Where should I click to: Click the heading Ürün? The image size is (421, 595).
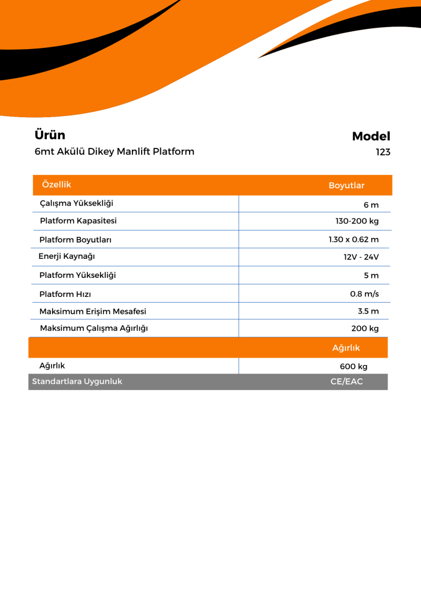pyautogui.click(x=50, y=135)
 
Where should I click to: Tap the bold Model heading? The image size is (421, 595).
pyautogui.click(x=371, y=136)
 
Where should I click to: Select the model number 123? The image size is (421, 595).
pyautogui.click(x=382, y=153)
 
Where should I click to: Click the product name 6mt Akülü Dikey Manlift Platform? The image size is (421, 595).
pyautogui.click(x=115, y=152)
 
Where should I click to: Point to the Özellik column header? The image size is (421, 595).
pyautogui.click(x=57, y=184)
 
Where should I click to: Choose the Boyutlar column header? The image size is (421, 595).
pyautogui.click(x=346, y=185)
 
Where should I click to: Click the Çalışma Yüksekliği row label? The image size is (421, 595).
pyautogui.click(x=76, y=203)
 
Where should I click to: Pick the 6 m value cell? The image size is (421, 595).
pyautogui.click(x=371, y=205)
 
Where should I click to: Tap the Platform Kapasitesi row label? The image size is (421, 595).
pyautogui.click(x=78, y=221)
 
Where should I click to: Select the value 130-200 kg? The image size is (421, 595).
pyautogui.click(x=357, y=221)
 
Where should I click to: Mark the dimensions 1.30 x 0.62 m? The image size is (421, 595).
pyautogui.click(x=353, y=239)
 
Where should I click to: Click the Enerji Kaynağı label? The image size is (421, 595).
pyautogui.click(x=67, y=256)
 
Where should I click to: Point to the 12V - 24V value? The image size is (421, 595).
pyautogui.click(x=361, y=257)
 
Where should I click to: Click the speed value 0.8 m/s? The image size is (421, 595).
pyautogui.click(x=364, y=294)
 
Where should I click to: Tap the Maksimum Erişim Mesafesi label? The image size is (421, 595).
pyautogui.click(x=93, y=311)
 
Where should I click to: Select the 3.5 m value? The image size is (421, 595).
pyautogui.click(x=368, y=311)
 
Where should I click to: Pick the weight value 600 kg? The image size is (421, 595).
pyautogui.click(x=353, y=366)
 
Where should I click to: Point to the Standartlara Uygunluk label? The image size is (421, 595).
pyautogui.click(x=77, y=382)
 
